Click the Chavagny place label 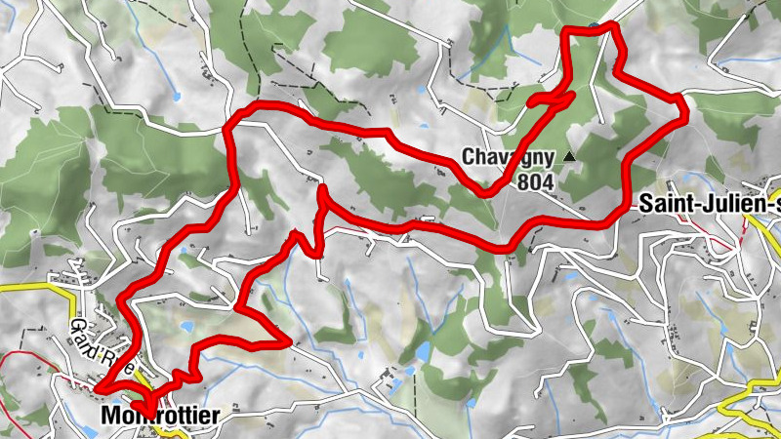coord(508,157)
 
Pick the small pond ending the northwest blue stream coord(177,96)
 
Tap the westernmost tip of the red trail coord(96,390)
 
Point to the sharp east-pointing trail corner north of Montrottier coord(289,341)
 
